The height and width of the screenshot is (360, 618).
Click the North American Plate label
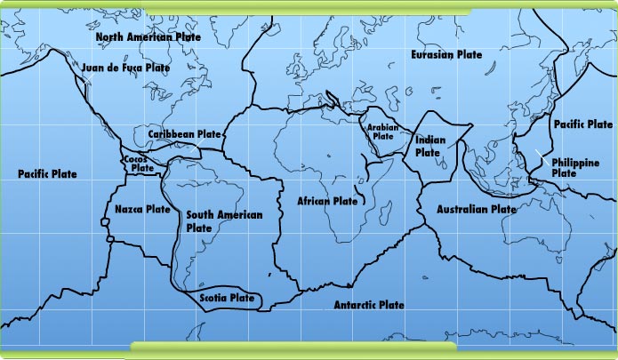tap(148, 37)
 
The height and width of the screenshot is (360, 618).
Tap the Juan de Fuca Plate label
tap(124, 67)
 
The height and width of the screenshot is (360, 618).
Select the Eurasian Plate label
tap(446, 55)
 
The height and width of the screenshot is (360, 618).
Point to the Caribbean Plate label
tap(184, 134)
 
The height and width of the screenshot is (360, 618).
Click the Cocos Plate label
tap(137, 163)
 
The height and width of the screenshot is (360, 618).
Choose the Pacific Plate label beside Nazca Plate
tap(47, 173)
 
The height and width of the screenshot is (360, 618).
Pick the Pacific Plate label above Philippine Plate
tap(582, 124)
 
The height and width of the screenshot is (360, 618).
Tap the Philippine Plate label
tap(574, 167)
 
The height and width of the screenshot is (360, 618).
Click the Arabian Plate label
tap(383, 132)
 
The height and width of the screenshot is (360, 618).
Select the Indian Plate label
tap(429, 146)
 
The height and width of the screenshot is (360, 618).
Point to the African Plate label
tap(327, 202)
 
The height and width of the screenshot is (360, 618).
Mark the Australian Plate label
tap(476, 210)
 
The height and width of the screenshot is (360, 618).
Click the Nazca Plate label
tap(142, 210)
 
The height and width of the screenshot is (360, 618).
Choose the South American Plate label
tap(212, 221)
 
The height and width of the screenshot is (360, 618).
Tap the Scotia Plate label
tap(227, 298)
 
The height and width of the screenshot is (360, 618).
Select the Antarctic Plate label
tap(369, 305)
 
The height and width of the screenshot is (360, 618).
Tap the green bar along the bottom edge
tap(293, 347)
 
